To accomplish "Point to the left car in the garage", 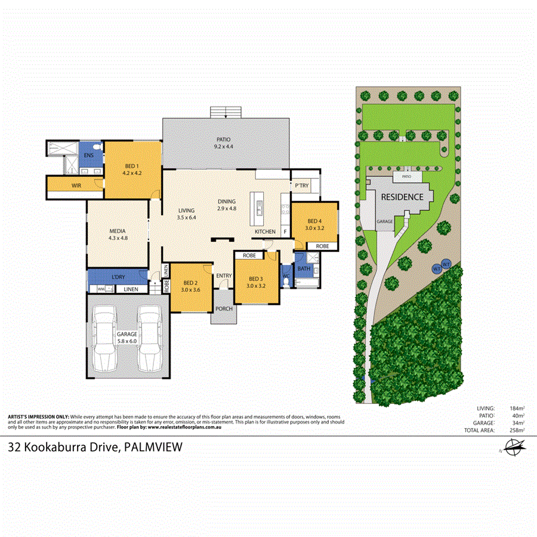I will pos(105,338).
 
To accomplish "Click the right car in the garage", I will pos(150,338).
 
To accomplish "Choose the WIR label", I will pos(76,186).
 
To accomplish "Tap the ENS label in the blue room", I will pos(89,156).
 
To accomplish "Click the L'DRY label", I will pos(118,277).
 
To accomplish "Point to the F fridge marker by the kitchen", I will pos(285,232).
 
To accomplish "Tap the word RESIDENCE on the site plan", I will pos(402,197).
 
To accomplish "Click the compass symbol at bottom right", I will pos(513,447).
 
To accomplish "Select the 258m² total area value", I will pos(516,430).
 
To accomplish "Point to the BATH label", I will pos(304,269).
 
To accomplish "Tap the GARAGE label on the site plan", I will pos(384,221).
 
